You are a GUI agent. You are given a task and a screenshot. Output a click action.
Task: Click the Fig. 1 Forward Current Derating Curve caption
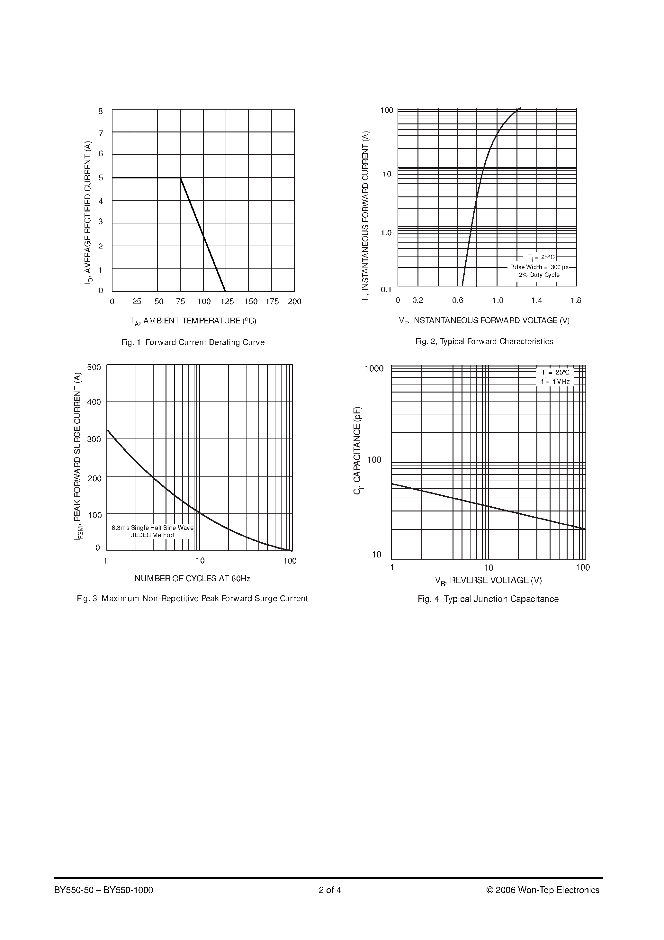point(193,342)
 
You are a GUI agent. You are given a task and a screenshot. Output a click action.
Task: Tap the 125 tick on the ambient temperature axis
point(227,302)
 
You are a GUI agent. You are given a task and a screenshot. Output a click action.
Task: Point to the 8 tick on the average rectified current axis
point(101,111)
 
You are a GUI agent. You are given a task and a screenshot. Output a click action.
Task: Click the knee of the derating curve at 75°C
point(181,178)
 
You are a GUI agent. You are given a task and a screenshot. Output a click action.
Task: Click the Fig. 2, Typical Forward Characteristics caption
point(484,341)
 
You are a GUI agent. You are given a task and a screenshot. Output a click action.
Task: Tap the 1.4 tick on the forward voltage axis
point(537,301)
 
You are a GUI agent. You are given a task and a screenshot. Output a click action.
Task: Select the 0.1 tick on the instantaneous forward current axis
point(386,290)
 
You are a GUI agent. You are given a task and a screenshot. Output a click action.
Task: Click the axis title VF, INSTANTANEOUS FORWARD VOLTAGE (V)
point(484,321)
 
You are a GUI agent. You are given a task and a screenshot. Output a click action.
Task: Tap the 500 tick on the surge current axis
point(94,367)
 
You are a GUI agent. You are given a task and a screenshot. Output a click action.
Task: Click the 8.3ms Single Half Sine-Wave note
point(153,528)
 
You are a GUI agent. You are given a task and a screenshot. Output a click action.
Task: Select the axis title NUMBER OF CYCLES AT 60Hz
point(193,578)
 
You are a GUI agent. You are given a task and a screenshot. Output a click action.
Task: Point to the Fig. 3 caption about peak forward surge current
point(193,599)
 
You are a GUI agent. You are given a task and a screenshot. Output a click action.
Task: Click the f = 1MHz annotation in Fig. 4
point(555,382)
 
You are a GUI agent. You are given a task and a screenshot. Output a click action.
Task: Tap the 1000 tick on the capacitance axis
point(374,368)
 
